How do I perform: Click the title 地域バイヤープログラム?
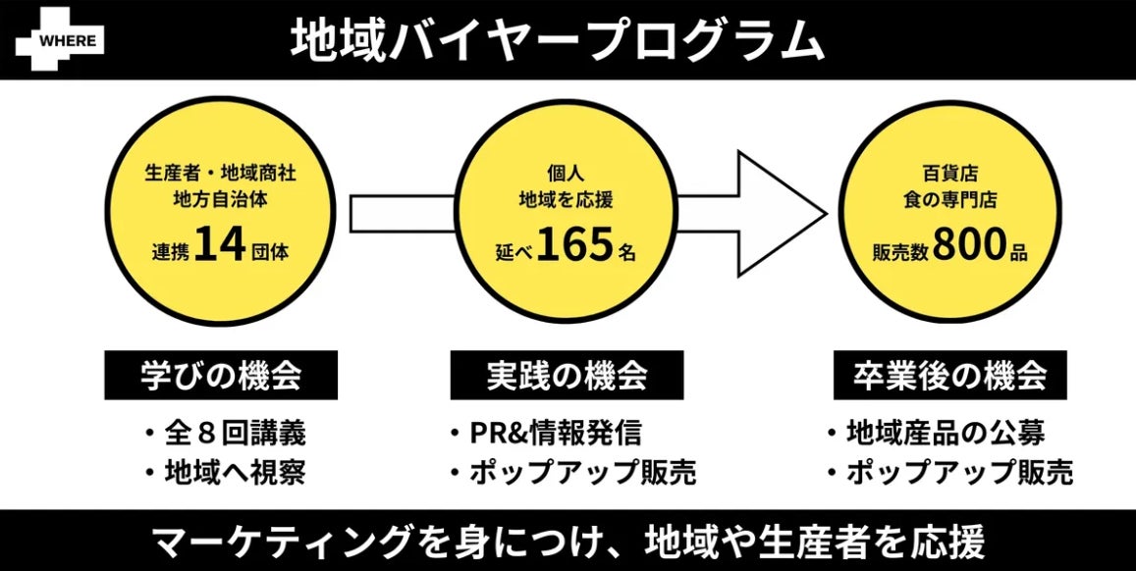coord(556,40)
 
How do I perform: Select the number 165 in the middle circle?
coord(573,246)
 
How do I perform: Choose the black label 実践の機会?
coord(567,376)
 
